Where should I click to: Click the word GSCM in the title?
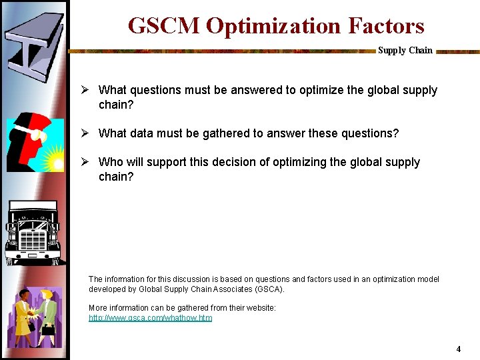(x=164, y=26)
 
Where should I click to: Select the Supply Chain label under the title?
(x=405, y=50)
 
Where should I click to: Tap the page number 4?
(x=458, y=349)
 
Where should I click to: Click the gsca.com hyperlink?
(x=151, y=318)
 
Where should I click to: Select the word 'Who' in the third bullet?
(x=110, y=162)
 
